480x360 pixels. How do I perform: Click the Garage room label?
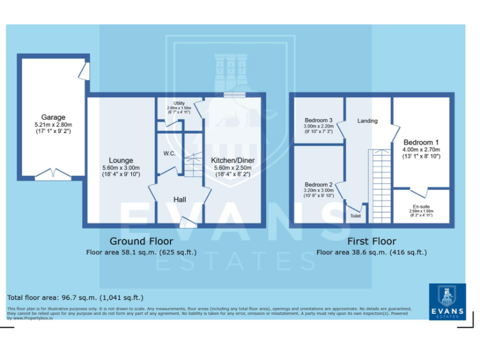coord(54,117)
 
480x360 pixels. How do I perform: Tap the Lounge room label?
coord(121,160)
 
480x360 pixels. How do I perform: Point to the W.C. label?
coord(168,153)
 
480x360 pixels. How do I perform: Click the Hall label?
coord(179,199)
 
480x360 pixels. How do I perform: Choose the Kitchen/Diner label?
coord(232,160)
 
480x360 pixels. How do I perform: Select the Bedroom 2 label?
coord(318,185)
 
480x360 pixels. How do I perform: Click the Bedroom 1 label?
coord(421,142)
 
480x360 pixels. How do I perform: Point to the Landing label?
coord(367,121)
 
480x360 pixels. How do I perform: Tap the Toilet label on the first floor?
coord(356,216)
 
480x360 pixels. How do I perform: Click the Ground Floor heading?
coord(141,241)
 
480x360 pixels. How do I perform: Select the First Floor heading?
coord(371,241)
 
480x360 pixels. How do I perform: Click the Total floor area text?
coord(75,297)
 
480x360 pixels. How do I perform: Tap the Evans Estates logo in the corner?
coord(447,302)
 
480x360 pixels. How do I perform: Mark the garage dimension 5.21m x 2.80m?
coord(54,125)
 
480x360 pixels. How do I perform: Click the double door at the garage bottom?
coord(52,176)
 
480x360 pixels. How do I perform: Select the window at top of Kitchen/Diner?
coord(235,95)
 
